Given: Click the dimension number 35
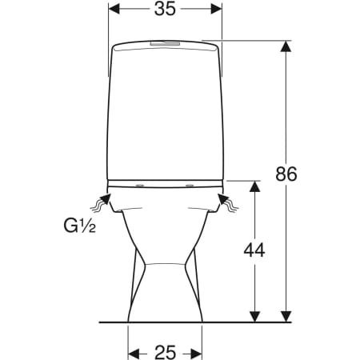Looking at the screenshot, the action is pos(165,9).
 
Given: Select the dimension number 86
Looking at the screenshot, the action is pos(286,174).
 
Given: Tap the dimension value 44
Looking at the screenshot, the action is pos(254,250).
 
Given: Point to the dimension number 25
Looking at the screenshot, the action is pos(166,352).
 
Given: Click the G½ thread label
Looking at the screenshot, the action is pos(79,226).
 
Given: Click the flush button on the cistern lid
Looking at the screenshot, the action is pos(165,43).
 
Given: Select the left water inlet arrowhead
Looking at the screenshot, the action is pos(106,199).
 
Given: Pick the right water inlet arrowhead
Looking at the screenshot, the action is pos(223,199).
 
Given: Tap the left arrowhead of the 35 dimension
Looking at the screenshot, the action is pos(114,9).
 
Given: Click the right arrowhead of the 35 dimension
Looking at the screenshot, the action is pos(216,9).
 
